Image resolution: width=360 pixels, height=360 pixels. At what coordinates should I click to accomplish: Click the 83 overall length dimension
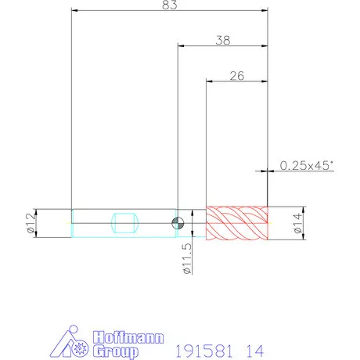(x=170, y=5)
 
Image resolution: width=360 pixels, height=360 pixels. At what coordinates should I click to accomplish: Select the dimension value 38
(x=223, y=41)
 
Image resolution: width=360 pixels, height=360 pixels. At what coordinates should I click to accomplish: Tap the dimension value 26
(x=237, y=76)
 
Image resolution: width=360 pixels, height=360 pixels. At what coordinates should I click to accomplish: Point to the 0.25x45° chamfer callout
(x=307, y=165)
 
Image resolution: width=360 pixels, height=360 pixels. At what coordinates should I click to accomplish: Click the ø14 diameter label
(x=297, y=223)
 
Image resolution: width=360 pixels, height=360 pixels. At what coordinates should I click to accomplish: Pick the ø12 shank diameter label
(x=31, y=223)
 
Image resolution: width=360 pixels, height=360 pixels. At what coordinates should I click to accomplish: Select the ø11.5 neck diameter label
(x=187, y=258)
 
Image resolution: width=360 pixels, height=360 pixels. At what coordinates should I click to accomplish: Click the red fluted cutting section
(x=237, y=223)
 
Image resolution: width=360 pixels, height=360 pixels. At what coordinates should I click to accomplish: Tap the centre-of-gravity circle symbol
(x=178, y=223)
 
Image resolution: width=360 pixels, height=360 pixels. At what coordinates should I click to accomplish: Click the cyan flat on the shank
(x=124, y=223)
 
